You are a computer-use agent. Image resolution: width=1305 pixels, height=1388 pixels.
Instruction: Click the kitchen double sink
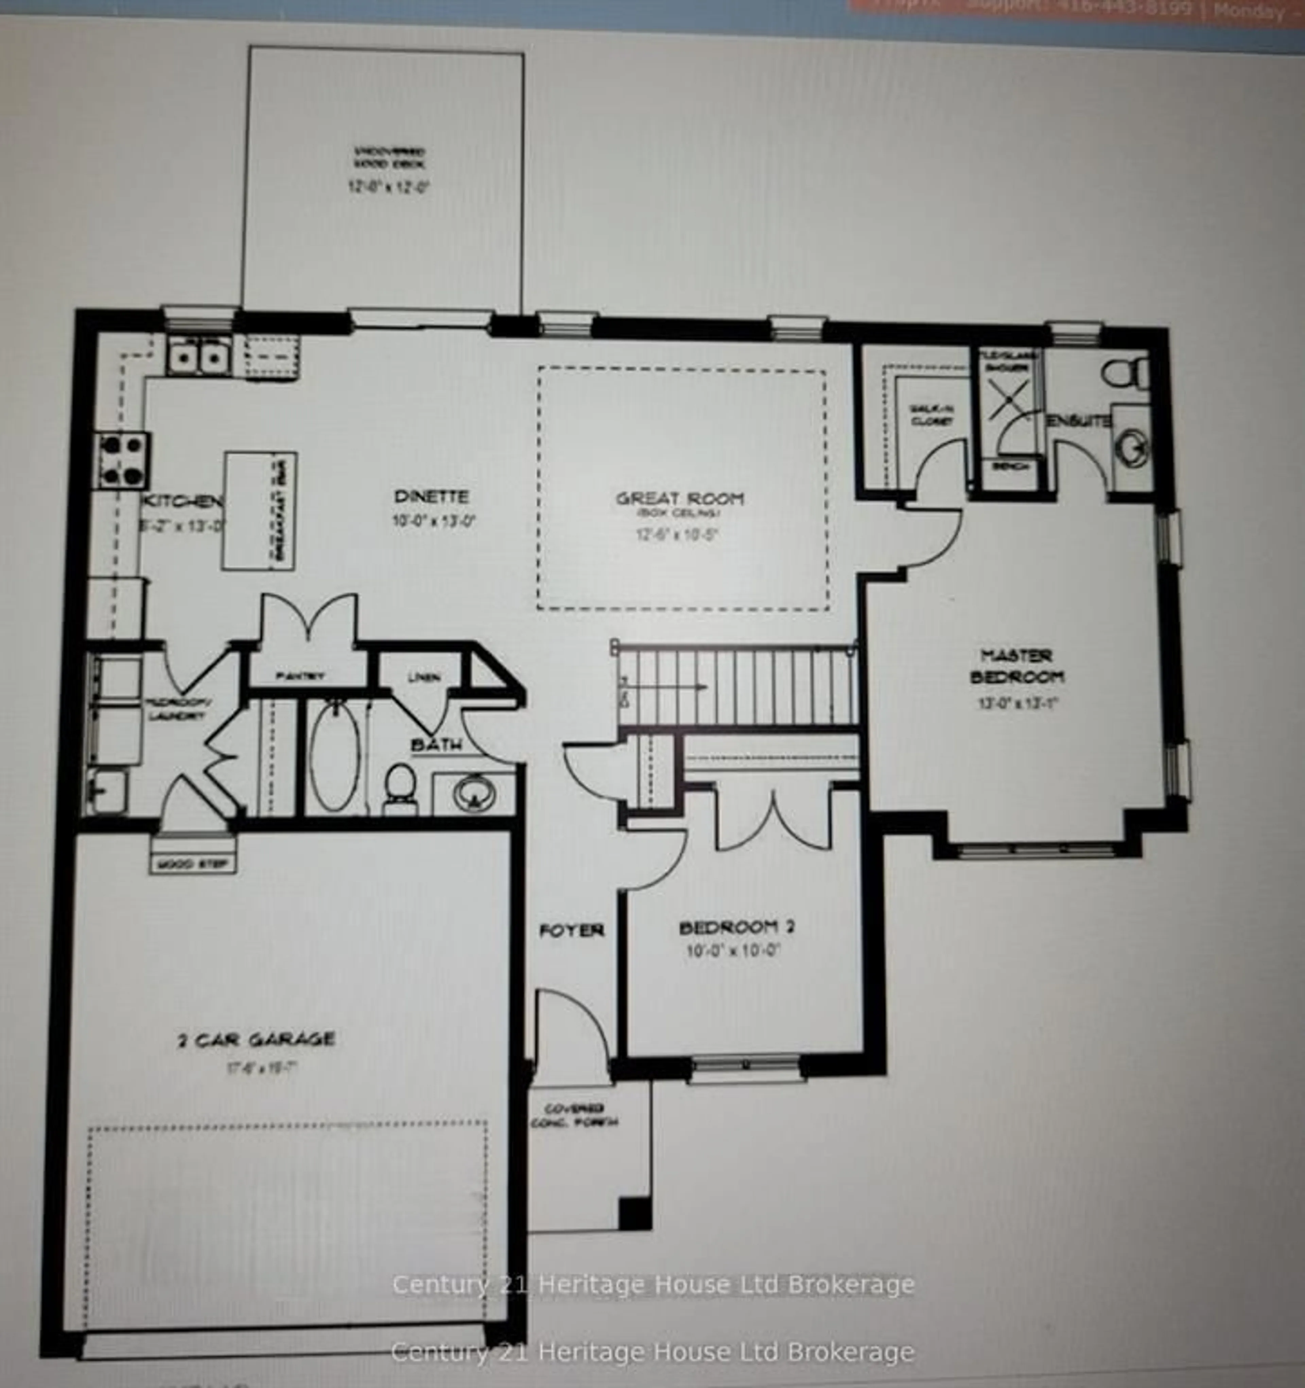[199, 357]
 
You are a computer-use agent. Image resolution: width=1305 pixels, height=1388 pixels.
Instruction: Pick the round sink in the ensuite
[1131, 447]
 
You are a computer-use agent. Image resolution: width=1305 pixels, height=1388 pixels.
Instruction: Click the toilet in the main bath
[401, 789]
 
